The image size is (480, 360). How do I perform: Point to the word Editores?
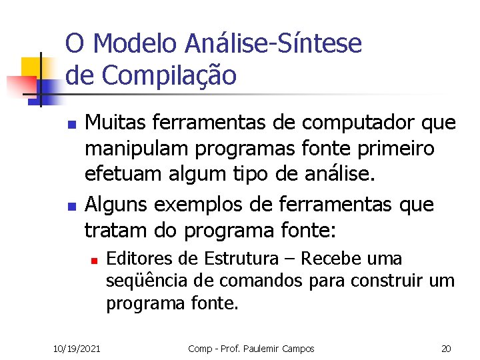point(135,257)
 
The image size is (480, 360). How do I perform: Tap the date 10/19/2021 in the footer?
point(77,349)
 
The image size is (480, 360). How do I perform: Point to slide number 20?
point(445,349)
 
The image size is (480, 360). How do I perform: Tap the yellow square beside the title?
point(31,67)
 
